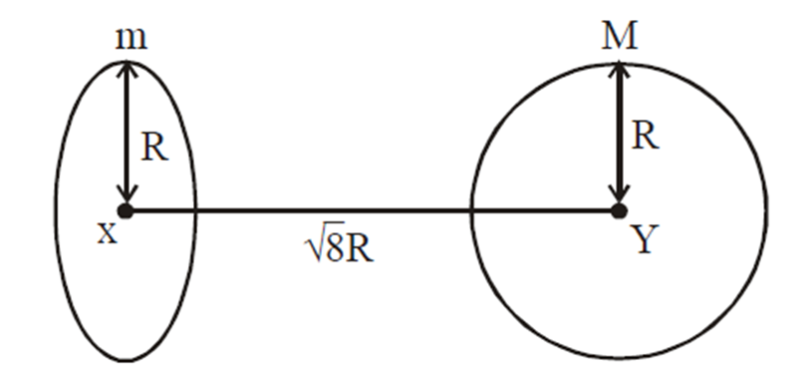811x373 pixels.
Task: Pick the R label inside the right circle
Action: click(646, 136)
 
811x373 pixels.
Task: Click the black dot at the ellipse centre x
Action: click(125, 210)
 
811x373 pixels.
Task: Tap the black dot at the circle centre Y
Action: click(619, 210)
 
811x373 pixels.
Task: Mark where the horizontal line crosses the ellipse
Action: click(196, 210)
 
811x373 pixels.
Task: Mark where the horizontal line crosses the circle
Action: click(471, 210)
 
